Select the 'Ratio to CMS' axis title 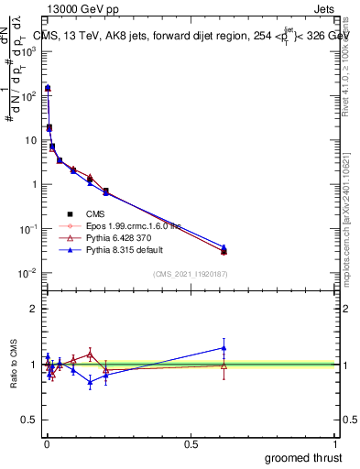tap(14, 365)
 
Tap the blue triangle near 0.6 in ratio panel tap(224, 347)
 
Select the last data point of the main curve tap(224, 251)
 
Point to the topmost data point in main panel tap(47, 88)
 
